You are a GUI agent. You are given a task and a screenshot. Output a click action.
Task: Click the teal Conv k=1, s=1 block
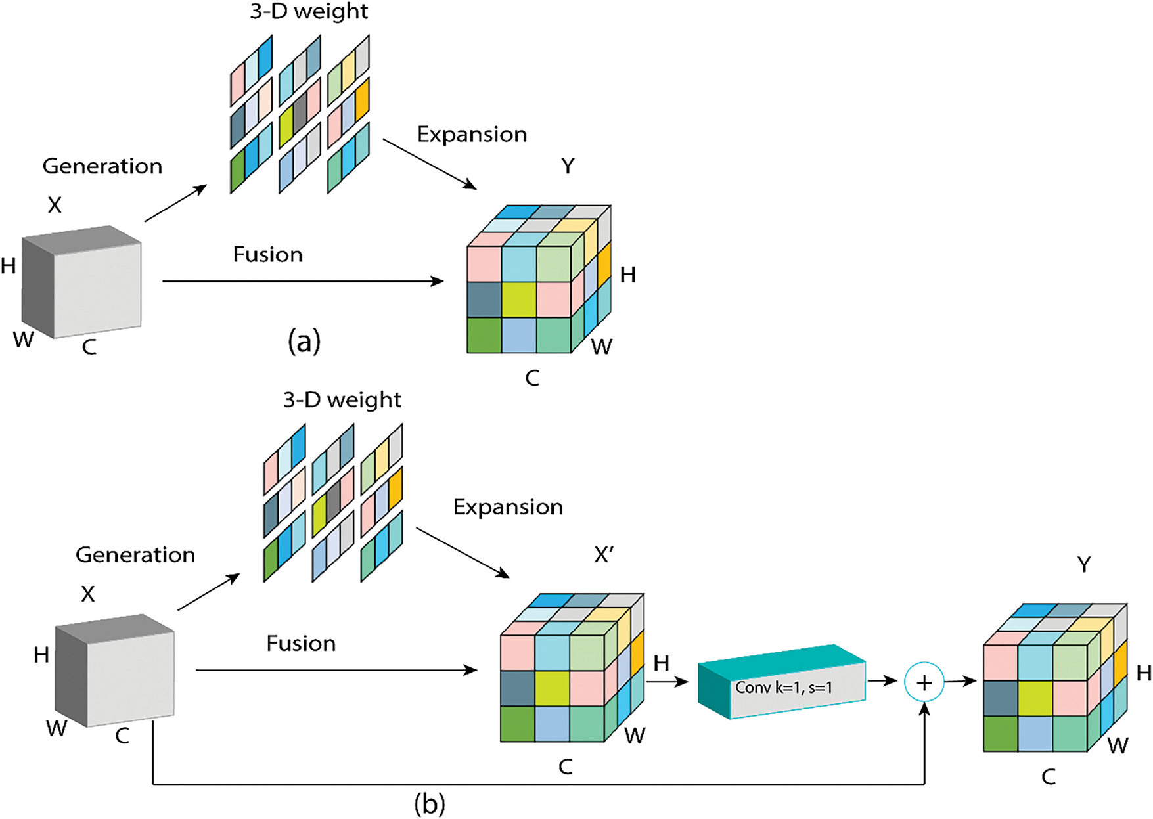[x=782, y=682]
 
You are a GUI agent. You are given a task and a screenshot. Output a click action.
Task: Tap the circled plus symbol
[x=924, y=683]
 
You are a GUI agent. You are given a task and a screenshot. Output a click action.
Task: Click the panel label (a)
[x=304, y=342]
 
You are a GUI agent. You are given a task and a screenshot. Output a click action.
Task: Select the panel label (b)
[x=430, y=804]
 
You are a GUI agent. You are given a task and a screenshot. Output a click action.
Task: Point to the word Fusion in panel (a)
[x=268, y=254]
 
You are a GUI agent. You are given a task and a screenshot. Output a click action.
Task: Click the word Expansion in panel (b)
[x=508, y=507]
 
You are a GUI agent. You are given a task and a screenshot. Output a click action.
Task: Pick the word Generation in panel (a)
[x=102, y=166]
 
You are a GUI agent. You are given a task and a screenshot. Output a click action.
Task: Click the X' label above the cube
[x=604, y=555]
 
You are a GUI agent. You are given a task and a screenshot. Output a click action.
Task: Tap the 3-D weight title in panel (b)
[x=342, y=400]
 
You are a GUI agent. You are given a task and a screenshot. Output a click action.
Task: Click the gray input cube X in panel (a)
[x=82, y=282]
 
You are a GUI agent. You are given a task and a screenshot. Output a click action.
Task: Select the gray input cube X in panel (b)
[x=115, y=671]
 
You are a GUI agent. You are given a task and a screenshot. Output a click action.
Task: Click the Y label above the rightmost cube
[x=1084, y=564]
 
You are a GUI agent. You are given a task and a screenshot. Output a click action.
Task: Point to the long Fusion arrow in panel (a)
[x=304, y=281]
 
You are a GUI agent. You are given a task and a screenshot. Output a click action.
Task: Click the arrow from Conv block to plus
[x=882, y=681]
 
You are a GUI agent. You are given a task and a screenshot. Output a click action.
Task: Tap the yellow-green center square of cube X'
[x=552, y=688]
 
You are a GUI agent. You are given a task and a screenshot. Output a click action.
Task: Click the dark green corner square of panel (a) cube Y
[x=484, y=335]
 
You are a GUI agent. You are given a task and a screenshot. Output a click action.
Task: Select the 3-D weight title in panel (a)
[x=309, y=12]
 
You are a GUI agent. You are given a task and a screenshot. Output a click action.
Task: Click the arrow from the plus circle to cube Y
[x=961, y=682]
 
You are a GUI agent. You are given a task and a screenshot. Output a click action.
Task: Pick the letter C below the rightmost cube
[x=1049, y=778]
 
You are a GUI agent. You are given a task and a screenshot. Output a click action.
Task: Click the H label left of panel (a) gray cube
[x=9, y=266]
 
